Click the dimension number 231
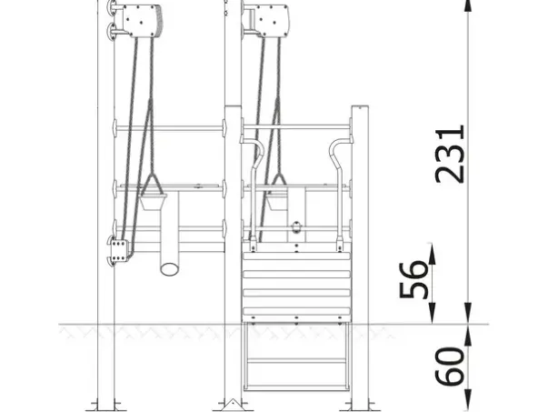pyautogui.click(x=450, y=155)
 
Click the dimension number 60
pyautogui.click(x=450, y=367)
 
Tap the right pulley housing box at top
pyautogui.click(x=271, y=20)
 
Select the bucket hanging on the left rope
pyautogui.click(x=154, y=202)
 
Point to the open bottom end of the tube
pyautogui.click(x=170, y=269)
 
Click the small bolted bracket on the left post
pyautogui.click(x=119, y=250)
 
